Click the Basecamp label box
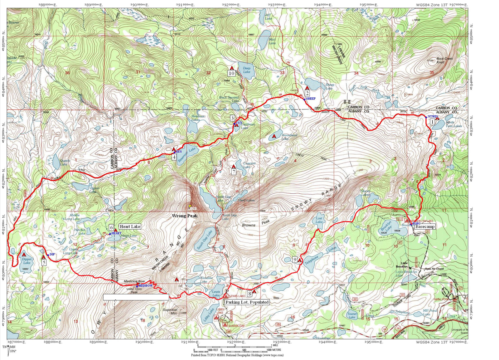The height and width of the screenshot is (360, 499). (425, 227)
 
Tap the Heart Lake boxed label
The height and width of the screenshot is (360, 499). (130, 227)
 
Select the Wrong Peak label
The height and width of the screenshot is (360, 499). (185, 216)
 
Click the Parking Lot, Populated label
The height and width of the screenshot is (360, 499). (247, 302)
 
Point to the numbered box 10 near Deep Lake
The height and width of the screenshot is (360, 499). (231, 73)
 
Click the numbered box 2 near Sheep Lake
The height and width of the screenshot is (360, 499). (307, 93)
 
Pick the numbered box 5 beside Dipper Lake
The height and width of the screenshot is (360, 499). (44, 262)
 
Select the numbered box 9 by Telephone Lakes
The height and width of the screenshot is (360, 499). (295, 260)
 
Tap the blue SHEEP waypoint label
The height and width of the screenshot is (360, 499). (311, 99)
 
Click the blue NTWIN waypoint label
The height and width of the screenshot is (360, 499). (433, 117)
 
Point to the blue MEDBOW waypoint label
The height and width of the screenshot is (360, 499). (145, 286)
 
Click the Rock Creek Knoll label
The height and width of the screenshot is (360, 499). (444, 60)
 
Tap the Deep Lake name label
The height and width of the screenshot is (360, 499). (246, 70)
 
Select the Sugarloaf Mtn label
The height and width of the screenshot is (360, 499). (170, 311)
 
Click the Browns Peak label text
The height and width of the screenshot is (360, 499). (256, 223)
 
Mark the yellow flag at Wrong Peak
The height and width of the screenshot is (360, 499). (190, 207)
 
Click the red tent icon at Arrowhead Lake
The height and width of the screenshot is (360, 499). (274, 136)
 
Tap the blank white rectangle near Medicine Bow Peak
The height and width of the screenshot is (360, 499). (136, 297)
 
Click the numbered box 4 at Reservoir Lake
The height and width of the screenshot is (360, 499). (174, 157)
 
